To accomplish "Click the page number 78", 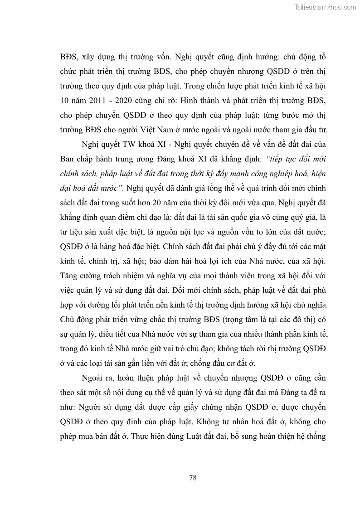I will pos(192,478).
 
